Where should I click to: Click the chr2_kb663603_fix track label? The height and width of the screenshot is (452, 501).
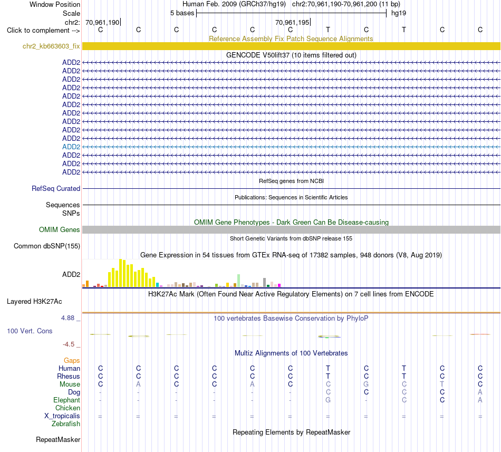pos(51,46)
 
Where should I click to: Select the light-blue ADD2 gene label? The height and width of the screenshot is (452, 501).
pos(71,147)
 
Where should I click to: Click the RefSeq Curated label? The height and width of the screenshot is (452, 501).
pos(56,189)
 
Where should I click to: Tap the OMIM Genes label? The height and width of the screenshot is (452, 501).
pos(60,229)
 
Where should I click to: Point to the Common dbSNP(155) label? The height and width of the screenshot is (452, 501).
pos(47,246)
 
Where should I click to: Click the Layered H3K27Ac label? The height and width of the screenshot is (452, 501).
pos(34,302)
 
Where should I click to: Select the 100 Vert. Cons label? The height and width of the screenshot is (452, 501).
pos(30,331)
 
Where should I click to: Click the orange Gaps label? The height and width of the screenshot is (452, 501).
pos(72,361)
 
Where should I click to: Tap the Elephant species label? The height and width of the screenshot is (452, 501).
pos(67,400)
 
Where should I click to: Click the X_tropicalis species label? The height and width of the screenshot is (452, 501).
pos(62,416)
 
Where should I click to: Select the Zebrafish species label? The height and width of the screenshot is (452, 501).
pos(66,424)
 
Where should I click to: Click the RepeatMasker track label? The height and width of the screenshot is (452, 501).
pos(58,440)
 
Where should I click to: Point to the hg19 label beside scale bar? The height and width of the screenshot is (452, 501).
pos(399,13)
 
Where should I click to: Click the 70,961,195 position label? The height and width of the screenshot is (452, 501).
pos(292,22)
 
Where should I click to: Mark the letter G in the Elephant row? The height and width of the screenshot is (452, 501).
pos(328,400)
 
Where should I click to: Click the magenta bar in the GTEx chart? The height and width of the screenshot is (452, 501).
pos(280,285)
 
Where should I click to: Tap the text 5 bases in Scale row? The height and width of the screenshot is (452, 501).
pos(182,13)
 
